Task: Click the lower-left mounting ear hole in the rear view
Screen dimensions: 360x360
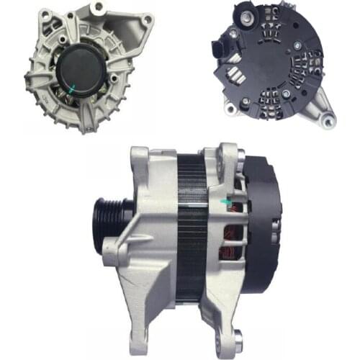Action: point(230,108)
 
